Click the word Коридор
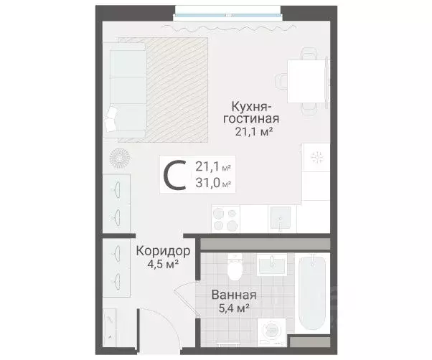coord(163,252)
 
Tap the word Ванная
coord(234,295)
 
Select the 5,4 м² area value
coord(234,309)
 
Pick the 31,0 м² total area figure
coord(212,184)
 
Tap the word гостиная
coord(250,118)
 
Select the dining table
coord(308,80)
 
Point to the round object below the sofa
coord(119,157)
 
